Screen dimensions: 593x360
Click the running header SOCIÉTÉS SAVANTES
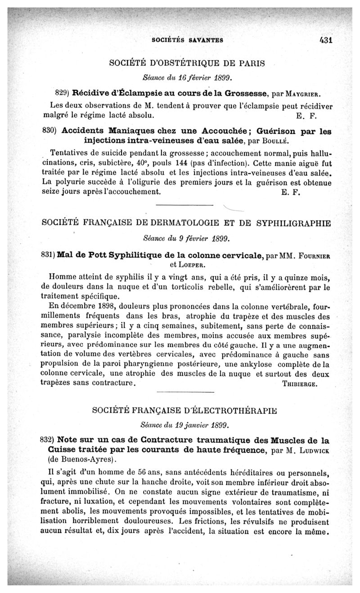[188, 40]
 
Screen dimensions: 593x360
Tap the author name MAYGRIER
[303, 95]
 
